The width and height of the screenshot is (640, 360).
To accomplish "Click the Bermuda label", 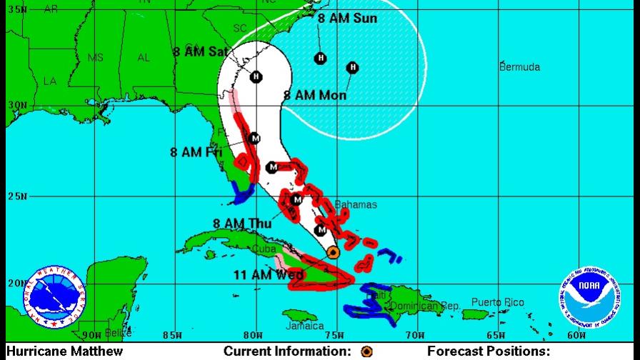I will tap(519, 67).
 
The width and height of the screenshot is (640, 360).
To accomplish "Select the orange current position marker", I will tap(333, 252).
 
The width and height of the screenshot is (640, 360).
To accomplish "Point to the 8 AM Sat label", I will tap(200, 51).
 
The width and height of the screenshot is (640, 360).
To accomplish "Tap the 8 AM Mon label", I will tap(315, 95).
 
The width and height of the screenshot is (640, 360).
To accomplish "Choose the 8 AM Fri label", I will tap(196, 152).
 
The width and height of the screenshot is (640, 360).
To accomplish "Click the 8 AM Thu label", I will tap(241, 224).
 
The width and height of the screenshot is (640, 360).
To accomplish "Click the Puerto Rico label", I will tap(497, 303).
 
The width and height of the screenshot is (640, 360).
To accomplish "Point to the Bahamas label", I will tap(356, 205).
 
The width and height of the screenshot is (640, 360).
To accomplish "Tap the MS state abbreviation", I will tap(95, 58).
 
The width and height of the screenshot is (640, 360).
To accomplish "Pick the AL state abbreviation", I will tap(144, 58).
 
